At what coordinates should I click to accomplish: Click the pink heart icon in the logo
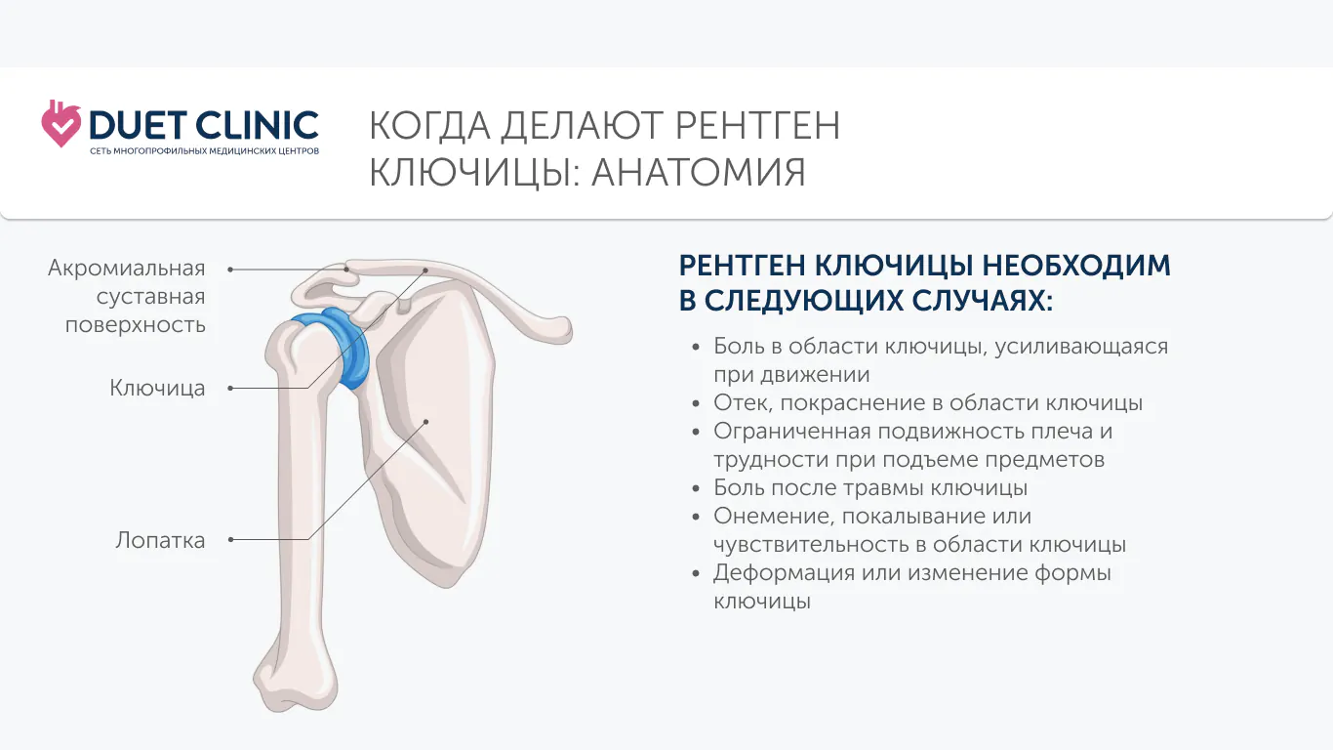(x=61, y=124)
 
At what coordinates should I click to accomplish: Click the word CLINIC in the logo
(x=257, y=125)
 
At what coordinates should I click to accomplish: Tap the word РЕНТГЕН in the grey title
(x=757, y=126)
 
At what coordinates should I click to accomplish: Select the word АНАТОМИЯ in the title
(x=699, y=173)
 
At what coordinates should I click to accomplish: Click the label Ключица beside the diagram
(x=157, y=388)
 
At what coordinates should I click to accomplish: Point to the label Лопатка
(x=160, y=540)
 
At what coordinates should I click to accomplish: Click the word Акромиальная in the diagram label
(x=127, y=269)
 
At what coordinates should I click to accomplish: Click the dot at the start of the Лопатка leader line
(x=231, y=540)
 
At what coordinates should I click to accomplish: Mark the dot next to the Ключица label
(x=231, y=388)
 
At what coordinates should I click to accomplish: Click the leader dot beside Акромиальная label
(x=231, y=270)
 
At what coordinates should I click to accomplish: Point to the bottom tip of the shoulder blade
(x=447, y=586)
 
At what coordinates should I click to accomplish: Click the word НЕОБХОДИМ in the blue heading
(x=1076, y=266)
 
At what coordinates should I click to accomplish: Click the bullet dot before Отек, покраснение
(x=696, y=403)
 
